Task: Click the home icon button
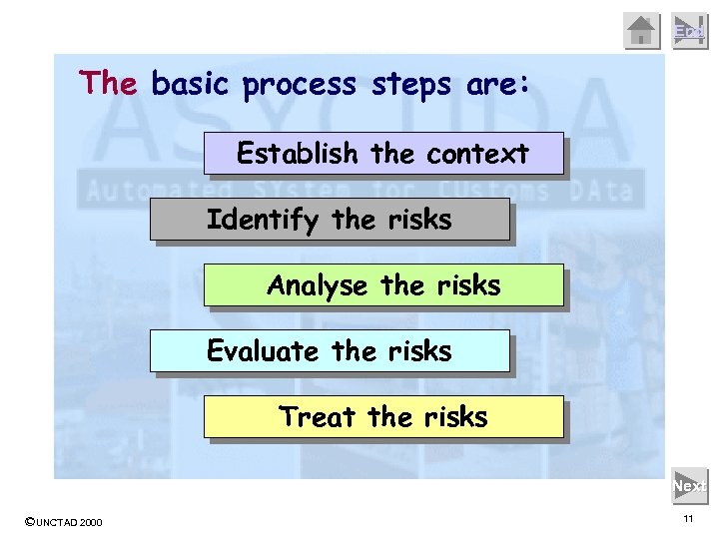(643, 31)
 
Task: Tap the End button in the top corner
(689, 31)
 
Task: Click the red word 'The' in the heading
(109, 83)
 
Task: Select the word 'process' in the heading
(299, 85)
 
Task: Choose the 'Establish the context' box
(383, 154)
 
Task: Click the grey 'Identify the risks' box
(330, 219)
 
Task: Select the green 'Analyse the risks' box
(383, 285)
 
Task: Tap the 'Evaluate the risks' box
(330, 351)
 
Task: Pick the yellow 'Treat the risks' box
(383, 416)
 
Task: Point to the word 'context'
(477, 155)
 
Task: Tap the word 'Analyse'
(318, 286)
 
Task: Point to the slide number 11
(688, 520)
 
